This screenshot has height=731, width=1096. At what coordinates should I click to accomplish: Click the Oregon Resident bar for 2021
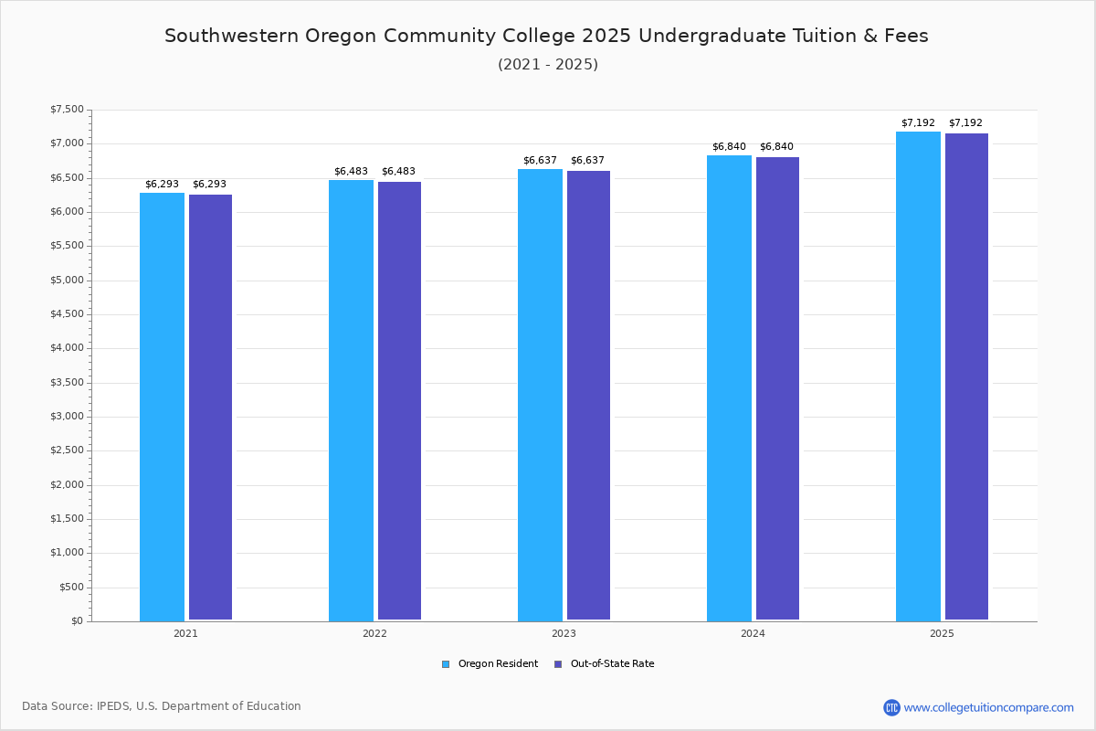coord(162,407)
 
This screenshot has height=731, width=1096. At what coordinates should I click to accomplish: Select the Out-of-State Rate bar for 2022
coord(399,401)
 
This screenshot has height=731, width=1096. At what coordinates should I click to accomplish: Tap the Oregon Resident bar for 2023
coord(540,395)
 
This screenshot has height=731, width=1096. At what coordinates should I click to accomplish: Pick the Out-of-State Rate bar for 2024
coord(777,388)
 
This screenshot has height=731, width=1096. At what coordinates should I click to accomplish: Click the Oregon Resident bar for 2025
coord(918,376)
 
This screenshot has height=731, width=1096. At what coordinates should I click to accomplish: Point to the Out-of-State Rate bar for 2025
coord(966,377)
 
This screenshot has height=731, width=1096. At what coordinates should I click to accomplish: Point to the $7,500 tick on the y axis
coord(67,110)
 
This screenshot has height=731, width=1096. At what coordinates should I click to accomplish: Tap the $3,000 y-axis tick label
coord(67,417)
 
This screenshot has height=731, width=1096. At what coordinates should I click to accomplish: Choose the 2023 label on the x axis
coord(564,633)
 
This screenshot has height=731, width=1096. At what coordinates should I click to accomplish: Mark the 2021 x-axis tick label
coord(185,633)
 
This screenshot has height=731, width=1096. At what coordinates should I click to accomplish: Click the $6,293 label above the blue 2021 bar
coord(162,185)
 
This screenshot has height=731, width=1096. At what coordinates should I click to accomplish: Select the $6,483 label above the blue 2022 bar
coord(351,172)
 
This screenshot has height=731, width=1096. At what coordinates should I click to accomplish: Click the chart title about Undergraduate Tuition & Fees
coord(546,37)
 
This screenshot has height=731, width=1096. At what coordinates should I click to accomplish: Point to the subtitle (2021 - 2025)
coord(548,65)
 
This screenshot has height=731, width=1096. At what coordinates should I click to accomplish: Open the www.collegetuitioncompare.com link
coord(988,707)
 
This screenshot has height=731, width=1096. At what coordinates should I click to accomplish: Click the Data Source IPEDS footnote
coord(162,706)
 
